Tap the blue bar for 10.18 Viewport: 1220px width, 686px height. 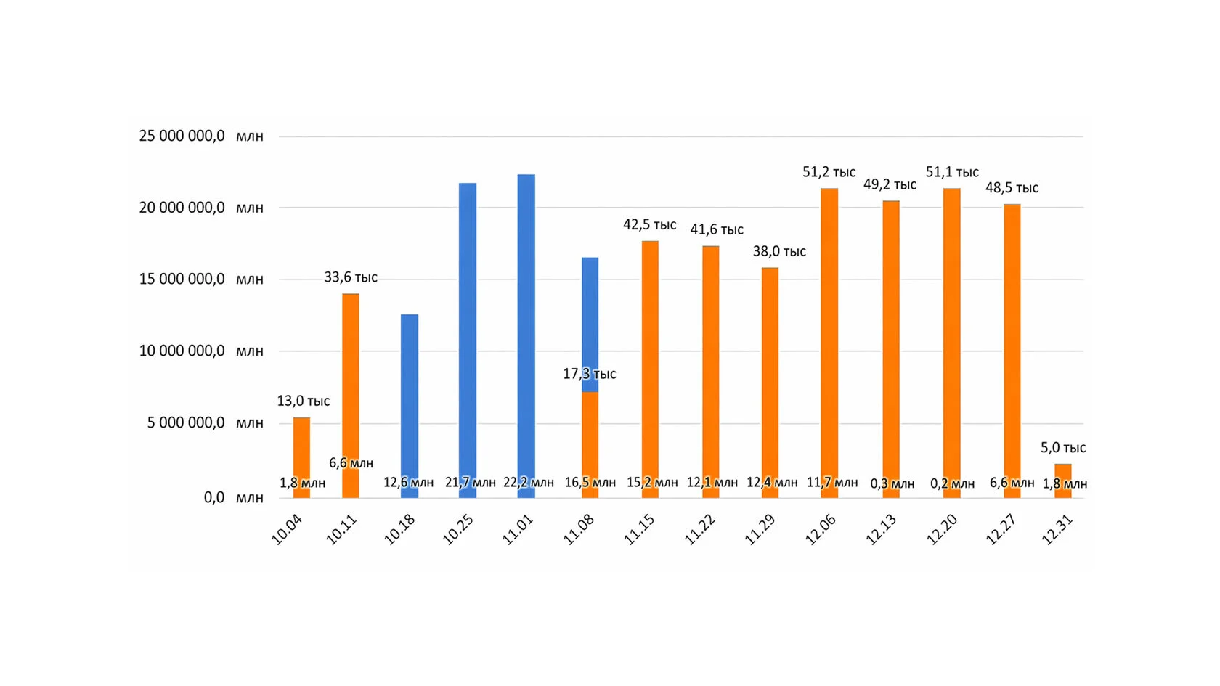pos(410,392)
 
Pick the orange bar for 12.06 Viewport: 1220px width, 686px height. pos(829,327)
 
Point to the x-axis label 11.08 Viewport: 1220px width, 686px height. pos(579,530)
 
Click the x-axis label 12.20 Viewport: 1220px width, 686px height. pos(942,530)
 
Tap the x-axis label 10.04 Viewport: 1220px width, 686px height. pos(287,530)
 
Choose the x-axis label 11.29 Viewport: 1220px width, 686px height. pos(760,530)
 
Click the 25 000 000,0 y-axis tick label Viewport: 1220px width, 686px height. pos(182,136)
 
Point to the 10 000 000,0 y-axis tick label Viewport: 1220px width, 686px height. pos(182,351)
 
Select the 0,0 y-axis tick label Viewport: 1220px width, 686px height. pos(214,497)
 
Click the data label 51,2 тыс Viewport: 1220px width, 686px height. pos(829,172)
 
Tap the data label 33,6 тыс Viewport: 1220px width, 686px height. pos(351,277)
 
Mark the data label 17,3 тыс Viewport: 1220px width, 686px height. pos(589,374)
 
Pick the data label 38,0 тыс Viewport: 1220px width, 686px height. pos(779,251)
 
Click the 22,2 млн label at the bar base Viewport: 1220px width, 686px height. pos(528,482)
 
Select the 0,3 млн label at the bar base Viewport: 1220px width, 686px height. pos(892,483)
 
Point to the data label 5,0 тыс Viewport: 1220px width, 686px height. pos(1063,447)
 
